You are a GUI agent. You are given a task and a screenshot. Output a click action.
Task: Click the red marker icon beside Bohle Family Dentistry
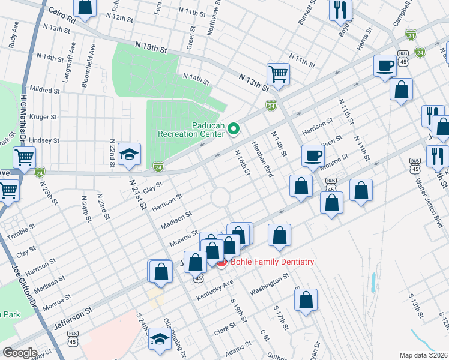[x=221, y=262]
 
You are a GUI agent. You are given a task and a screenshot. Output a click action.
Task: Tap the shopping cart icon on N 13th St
[x=278, y=74]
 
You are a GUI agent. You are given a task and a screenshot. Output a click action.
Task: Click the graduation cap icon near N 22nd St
[x=130, y=154]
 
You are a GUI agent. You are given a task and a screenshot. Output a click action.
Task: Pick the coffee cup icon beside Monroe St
[x=312, y=155]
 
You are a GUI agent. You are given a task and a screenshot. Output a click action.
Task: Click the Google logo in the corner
[x=20, y=353]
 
